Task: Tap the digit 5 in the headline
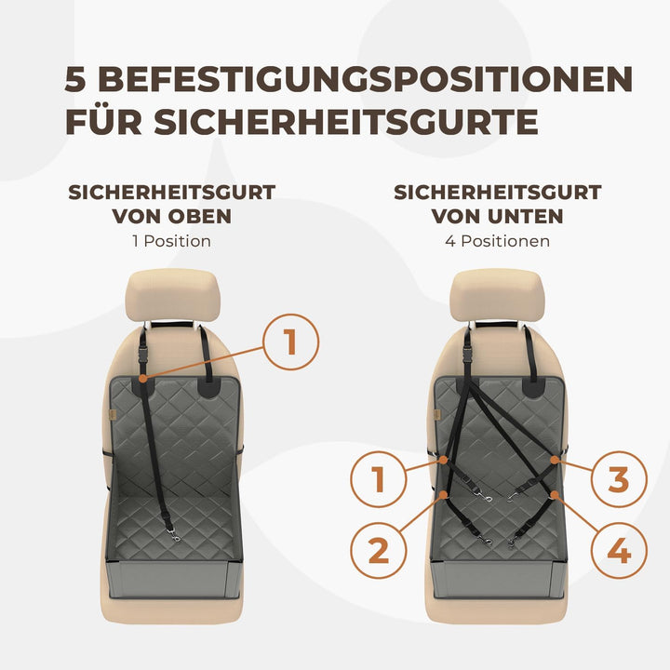(x=77, y=78)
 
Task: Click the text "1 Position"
(x=171, y=241)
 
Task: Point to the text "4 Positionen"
(x=496, y=241)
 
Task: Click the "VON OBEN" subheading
(x=171, y=216)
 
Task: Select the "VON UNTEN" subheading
(x=497, y=216)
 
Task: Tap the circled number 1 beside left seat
(x=290, y=342)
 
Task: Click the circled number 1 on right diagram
(x=378, y=480)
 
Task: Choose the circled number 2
(x=378, y=551)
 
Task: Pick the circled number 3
(x=619, y=480)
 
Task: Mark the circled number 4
(x=619, y=551)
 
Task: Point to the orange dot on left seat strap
(x=142, y=378)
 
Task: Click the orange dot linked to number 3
(x=555, y=460)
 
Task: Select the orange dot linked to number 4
(x=555, y=493)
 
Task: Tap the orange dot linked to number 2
(x=447, y=493)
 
